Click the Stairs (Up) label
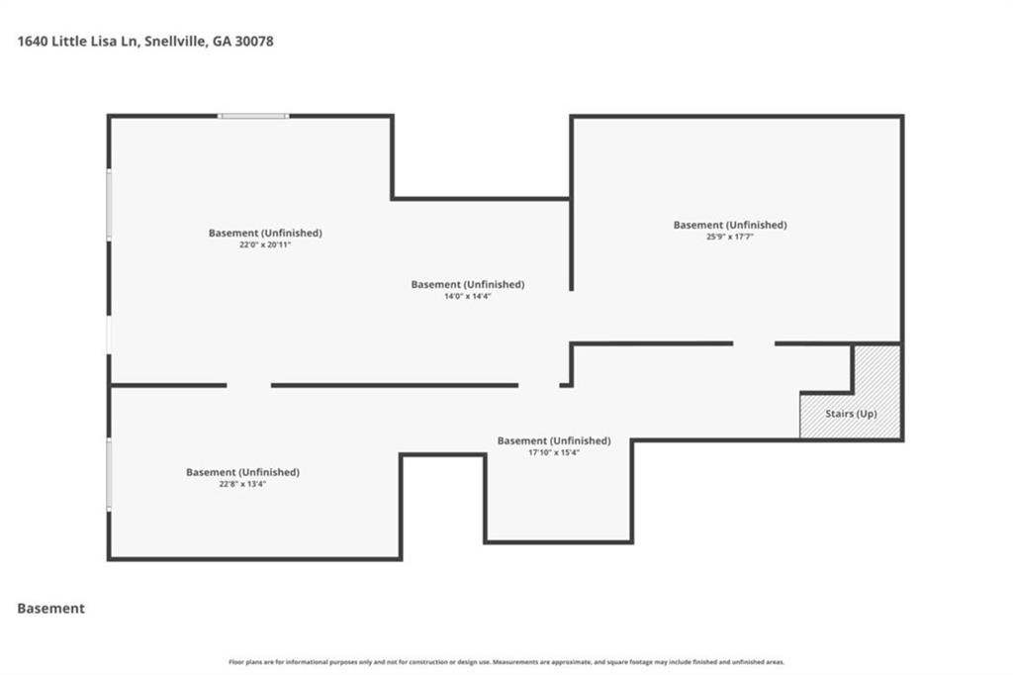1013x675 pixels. click(851, 414)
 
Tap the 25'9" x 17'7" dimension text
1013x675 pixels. click(730, 237)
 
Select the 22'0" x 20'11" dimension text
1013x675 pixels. click(264, 244)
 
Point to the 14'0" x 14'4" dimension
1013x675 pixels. click(467, 296)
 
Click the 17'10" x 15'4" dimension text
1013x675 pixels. click(553, 452)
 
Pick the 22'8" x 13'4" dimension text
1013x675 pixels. click(242, 484)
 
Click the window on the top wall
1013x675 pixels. click(253, 117)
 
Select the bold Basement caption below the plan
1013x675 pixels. click(51, 609)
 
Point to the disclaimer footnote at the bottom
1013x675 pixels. click(506, 662)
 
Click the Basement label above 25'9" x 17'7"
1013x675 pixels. click(730, 225)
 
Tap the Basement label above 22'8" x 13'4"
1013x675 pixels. click(242, 472)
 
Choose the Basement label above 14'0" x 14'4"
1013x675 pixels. click(467, 284)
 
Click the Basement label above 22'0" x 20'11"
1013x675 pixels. click(264, 233)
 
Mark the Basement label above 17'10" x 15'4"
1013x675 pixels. click(553, 440)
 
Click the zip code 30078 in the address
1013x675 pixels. click(254, 42)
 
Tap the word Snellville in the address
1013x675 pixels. click(175, 42)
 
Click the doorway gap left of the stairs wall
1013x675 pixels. click(754, 343)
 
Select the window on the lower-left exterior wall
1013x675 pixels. click(109, 475)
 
